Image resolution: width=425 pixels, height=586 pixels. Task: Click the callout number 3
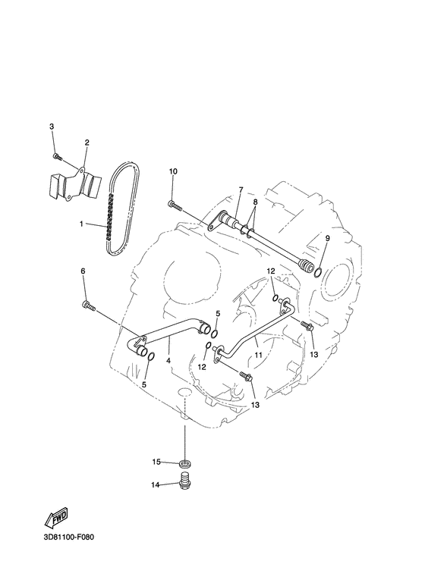click(52, 127)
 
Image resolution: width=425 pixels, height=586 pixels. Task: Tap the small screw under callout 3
click(57, 156)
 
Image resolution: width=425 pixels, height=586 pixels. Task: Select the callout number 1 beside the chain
click(80, 224)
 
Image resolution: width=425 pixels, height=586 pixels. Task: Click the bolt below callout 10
click(175, 205)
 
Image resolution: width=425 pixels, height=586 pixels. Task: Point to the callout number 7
click(241, 190)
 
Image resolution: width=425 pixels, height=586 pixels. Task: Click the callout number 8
click(255, 202)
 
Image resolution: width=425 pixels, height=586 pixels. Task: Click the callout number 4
click(168, 361)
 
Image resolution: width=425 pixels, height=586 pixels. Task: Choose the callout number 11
click(258, 355)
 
